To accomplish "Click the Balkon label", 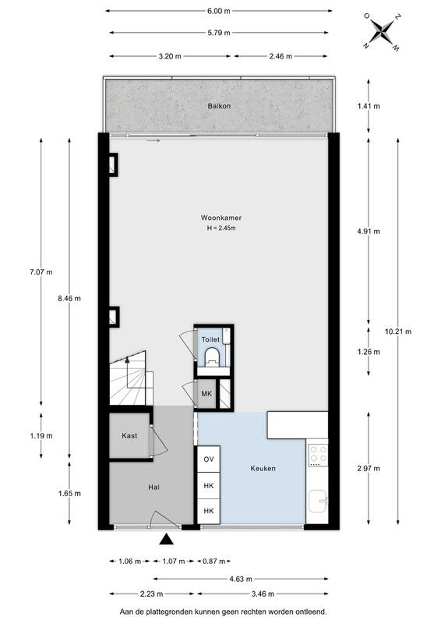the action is (219, 106).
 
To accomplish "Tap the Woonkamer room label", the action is (221, 218).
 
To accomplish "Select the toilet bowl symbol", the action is (212, 356).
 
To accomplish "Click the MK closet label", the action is (206, 394).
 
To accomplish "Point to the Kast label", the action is (129, 436).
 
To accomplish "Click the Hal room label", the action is (153, 487).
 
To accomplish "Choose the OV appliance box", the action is (209, 459).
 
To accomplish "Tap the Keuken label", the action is (263, 469).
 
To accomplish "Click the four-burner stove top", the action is (318, 456).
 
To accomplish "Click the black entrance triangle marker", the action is (167, 539).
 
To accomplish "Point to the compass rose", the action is (383, 31).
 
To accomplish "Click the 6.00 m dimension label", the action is (218, 11).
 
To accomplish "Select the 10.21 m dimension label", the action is (398, 331).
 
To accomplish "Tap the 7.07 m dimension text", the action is (41, 272).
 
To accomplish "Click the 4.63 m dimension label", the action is (241, 579).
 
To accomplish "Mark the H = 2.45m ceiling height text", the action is (221, 228).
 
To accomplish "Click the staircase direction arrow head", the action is (127, 360).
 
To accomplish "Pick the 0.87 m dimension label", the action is (214, 561).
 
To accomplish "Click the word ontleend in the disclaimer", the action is (312, 612).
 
